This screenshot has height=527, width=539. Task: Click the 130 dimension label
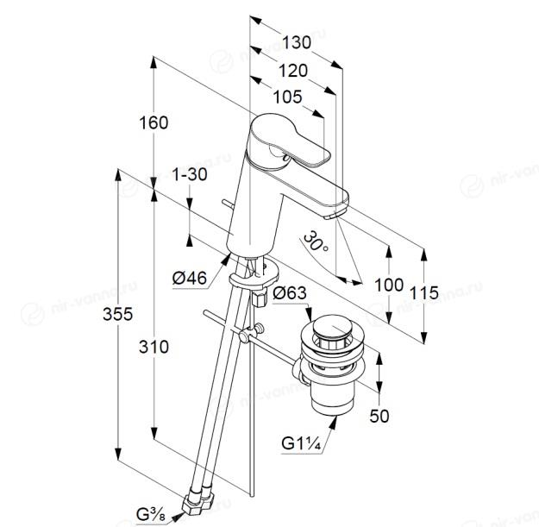tap(297, 43)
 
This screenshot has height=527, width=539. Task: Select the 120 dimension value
tap(293, 72)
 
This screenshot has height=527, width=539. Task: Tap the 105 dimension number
tap(287, 97)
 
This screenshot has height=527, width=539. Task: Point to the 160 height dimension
tap(154, 122)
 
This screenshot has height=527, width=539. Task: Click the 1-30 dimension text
tap(190, 174)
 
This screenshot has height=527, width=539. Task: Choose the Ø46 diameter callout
tap(190, 278)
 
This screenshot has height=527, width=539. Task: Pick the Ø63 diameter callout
tap(290, 293)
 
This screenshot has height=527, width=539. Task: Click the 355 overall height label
tap(117, 314)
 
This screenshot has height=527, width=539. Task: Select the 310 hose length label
tap(154, 347)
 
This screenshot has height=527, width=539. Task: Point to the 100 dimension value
tap(389, 285)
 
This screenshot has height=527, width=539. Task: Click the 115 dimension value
tap(424, 293)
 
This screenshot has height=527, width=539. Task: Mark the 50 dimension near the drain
tap(379, 416)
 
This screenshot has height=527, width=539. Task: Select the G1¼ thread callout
tap(301, 443)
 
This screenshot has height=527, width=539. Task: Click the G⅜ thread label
tap(151, 515)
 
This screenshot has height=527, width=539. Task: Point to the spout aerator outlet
tap(331, 216)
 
